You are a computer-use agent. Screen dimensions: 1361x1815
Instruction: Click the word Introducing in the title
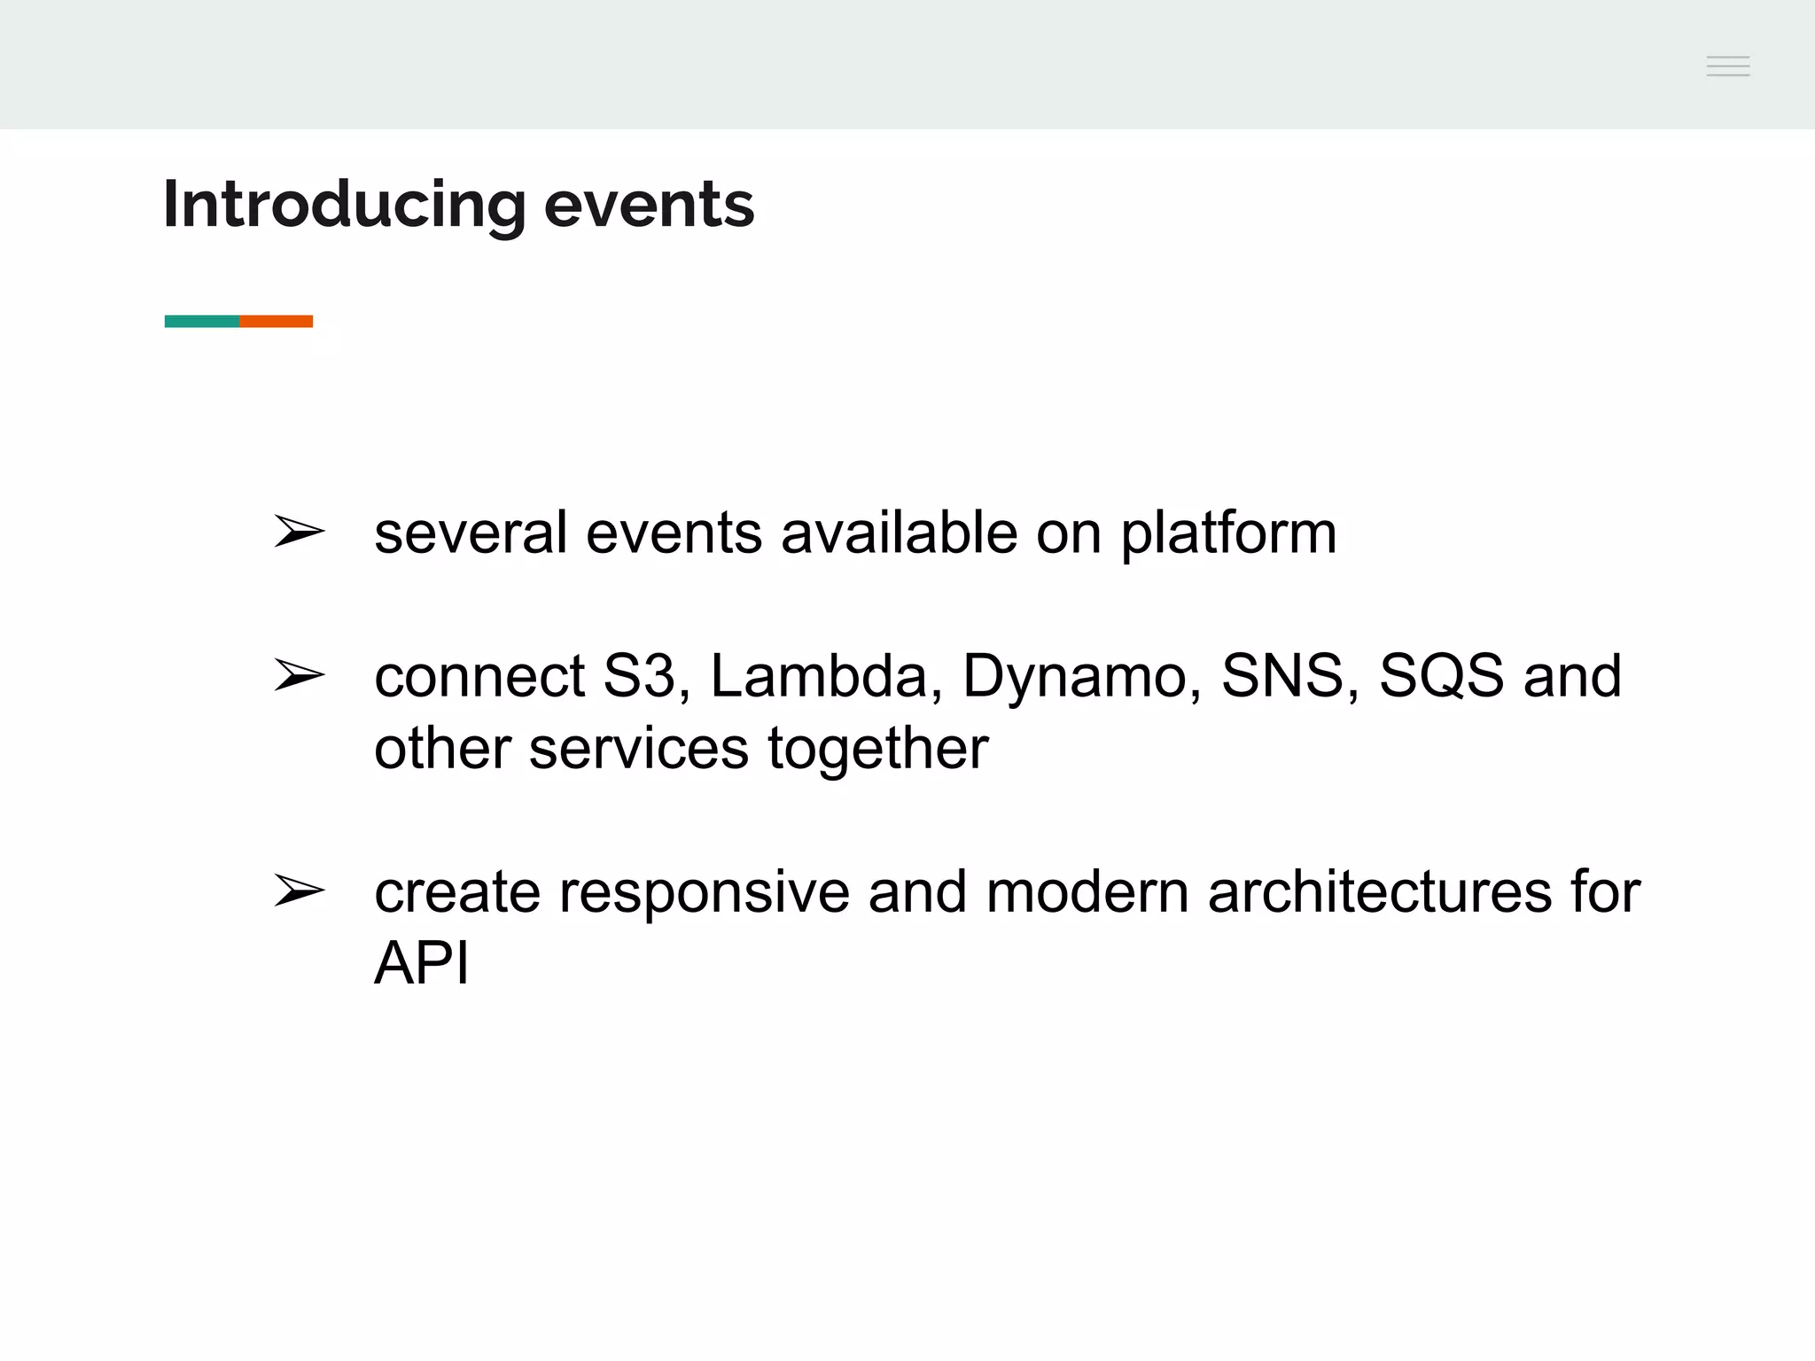coord(345,206)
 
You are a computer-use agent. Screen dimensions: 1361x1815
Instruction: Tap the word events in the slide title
coord(649,206)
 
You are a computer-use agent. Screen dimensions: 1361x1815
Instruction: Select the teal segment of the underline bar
coord(202,321)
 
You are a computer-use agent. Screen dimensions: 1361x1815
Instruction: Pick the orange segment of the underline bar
coord(277,321)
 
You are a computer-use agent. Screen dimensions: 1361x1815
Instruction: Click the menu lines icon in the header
coord(1727,66)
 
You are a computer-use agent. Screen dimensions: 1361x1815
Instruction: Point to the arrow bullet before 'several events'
coord(299,532)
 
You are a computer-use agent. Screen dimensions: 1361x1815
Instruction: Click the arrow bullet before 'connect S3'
coord(299,675)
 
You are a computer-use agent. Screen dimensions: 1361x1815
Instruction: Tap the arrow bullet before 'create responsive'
coord(299,890)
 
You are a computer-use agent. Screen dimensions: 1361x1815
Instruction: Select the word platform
coord(1228,535)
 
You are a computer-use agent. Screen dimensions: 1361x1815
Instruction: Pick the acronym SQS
coord(1441,677)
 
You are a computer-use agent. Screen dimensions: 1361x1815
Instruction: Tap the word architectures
coord(1380,892)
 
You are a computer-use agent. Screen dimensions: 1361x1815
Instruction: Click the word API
coord(421,963)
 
